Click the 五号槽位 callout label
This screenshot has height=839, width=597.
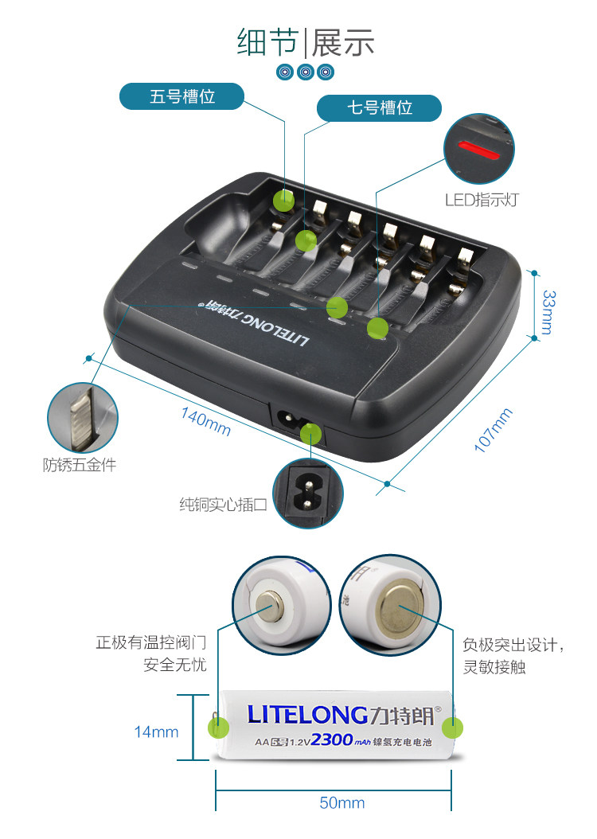point(182,96)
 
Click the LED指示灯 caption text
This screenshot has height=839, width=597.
point(481,200)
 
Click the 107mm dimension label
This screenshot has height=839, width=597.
point(494,430)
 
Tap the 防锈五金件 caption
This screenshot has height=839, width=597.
point(80,465)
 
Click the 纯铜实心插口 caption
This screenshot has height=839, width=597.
point(223,505)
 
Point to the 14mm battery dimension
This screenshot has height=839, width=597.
point(156,732)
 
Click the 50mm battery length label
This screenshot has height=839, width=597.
point(341,802)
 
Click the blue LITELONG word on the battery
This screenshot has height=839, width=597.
point(307,713)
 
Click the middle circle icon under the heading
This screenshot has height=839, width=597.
point(305,72)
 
